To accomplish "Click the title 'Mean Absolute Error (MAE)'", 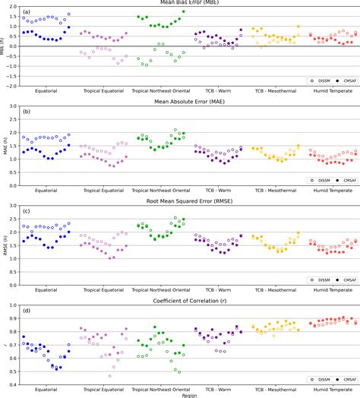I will [188, 102].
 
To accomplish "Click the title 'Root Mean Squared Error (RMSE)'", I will [188, 201].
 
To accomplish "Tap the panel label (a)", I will [27, 13].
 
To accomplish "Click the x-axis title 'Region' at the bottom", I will [188, 395].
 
